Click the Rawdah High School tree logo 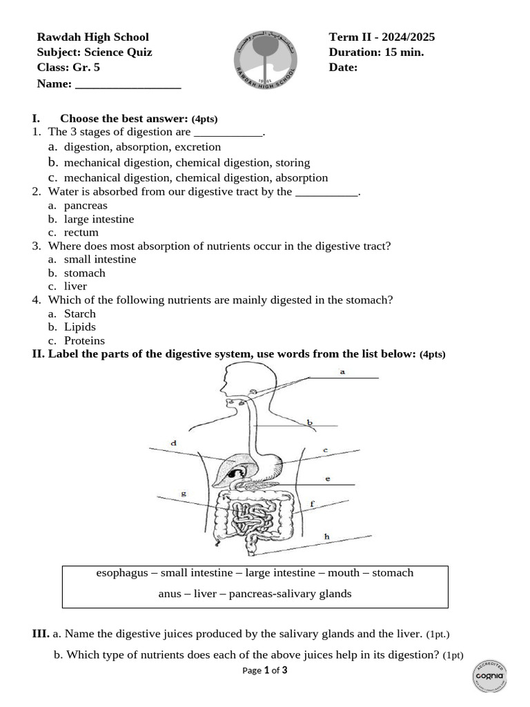[x=264, y=59]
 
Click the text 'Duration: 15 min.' [x=376, y=52]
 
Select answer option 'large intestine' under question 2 [x=99, y=219]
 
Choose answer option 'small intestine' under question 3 [x=100, y=260]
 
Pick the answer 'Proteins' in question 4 [x=84, y=340]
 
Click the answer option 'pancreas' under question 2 [x=86, y=206]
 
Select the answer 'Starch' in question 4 [x=79, y=313]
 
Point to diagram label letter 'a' [x=342, y=371]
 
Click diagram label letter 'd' [x=173, y=443]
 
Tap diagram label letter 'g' [x=183, y=494]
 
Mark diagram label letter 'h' [x=326, y=536]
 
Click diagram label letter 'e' [x=327, y=478]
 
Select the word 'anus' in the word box [x=170, y=594]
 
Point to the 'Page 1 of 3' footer [x=265, y=670]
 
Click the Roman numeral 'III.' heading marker [x=41, y=633]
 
